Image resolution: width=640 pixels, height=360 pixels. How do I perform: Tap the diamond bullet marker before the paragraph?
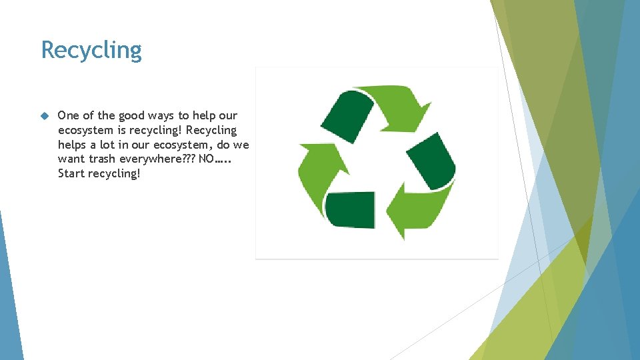45,116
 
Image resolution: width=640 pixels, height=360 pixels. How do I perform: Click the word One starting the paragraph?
68,115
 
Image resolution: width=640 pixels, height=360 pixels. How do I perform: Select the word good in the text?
134,115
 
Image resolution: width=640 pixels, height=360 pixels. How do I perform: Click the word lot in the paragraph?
109,145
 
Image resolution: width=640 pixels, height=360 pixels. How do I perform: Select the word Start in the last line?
71,173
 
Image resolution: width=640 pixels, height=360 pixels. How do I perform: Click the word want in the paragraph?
71,159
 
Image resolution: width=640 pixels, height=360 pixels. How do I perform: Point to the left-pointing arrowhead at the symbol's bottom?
398,213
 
